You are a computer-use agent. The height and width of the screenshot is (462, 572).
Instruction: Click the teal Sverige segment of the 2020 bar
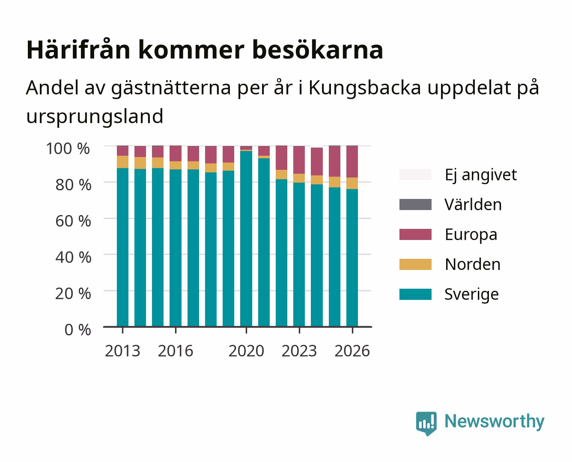[x=246, y=239]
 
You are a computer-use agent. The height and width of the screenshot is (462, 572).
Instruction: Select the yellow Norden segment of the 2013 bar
[x=122, y=162]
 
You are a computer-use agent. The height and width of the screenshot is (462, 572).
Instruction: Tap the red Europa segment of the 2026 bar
[x=352, y=162]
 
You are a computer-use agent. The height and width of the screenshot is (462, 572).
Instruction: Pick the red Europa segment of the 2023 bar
[x=299, y=160]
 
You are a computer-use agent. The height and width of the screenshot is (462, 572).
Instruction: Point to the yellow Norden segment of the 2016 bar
[x=176, y=165]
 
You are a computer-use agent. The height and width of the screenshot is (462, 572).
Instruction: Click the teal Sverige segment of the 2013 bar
[x=122, y=247]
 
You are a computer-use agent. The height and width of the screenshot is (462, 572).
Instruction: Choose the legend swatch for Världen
[x=415, y=204]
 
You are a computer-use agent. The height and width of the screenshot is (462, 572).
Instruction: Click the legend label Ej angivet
[x=481, y=175]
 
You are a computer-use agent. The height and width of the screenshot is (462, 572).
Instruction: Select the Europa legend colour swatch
[x=415, y=234]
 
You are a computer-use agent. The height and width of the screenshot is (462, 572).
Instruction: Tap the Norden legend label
[x=473, y=264]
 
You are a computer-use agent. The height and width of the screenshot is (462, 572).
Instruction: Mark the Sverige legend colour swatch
[x=415, y=294]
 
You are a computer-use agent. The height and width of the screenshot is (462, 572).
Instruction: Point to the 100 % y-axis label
[x=68, y=148]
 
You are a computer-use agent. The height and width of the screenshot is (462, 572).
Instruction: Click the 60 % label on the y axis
[x=73, y=221]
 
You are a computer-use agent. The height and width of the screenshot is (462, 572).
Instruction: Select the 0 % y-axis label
[x=78, y=330]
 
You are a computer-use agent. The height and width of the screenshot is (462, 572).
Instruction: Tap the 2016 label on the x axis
[x=176, y=351]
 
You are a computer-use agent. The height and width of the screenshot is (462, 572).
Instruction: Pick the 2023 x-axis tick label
[x=299, y=351]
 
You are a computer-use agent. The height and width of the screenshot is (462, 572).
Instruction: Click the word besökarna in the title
[x=318, y=50]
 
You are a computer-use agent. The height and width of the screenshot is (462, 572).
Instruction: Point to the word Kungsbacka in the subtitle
[x=365, y=88]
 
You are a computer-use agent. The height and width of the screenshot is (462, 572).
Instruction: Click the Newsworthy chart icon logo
[x=426, y=423]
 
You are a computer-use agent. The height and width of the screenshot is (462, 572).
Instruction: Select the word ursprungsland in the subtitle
[x=95, y=117]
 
